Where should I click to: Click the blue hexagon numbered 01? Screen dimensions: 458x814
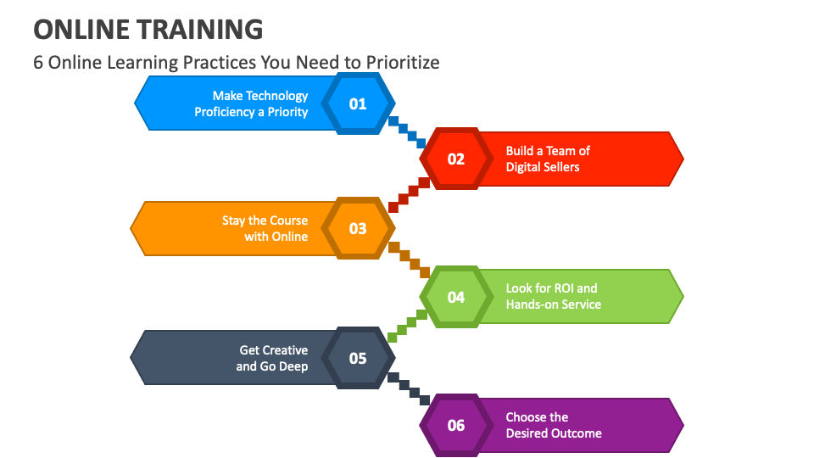pos(358,103)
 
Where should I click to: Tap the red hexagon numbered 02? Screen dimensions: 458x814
pos(456,159)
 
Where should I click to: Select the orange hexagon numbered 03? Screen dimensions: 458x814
pos(358,228)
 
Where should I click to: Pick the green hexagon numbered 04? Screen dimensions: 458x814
pos(456,297)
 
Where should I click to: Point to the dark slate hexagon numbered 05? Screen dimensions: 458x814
pos(358,358)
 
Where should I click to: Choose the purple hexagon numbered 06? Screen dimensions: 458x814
pos(456,425)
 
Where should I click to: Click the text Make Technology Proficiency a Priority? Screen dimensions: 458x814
pos(252,103)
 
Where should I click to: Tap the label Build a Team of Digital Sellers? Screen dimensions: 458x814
pos(547,159)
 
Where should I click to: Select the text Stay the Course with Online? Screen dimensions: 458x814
pos(265,228)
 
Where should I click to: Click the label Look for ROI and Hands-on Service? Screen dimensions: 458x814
pos(553,296)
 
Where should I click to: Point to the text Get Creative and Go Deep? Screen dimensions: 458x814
pos(272,358)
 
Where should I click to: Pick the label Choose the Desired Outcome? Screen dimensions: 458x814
pos(553,425)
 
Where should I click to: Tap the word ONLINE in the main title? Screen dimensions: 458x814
pos(77,30)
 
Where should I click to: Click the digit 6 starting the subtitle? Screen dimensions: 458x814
pos(38,63)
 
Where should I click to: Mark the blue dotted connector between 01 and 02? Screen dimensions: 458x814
pos(407,131)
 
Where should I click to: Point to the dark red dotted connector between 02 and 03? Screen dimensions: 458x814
pos(407,194)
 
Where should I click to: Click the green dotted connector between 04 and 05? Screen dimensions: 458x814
pos(407,326)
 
